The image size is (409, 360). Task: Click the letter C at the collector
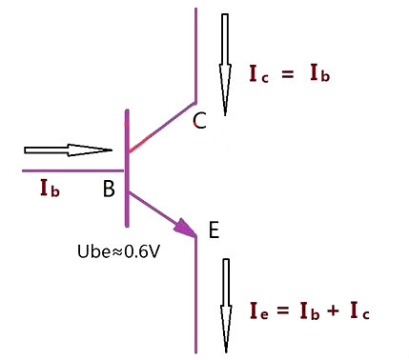[199, 121]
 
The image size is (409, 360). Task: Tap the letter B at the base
[109, 189]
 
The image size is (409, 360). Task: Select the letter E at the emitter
[214, 230]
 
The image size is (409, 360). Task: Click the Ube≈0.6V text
[118, 251]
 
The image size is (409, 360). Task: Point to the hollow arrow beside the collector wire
[225, 65]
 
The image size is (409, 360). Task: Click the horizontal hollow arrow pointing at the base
[68, 150]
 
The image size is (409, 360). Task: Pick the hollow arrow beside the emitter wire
[226, 306]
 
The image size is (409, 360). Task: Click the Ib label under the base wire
[50, 189]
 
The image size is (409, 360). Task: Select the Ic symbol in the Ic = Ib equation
[258, 74]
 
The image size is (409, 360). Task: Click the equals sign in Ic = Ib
[288, 75]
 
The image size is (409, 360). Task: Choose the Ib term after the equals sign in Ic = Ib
[320, 73]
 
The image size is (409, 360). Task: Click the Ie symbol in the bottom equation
[259, 310]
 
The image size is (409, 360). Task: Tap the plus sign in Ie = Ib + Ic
[333, 310]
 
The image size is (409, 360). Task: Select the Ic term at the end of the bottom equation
[360, 310]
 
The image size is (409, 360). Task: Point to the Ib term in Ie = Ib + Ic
[310, 310]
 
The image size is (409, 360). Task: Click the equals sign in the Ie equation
[283, 310]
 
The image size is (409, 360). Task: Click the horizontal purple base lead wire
[72, 170]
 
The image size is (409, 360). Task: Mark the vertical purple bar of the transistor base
[127, 169]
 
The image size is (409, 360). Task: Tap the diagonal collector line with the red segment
[162, 127]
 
